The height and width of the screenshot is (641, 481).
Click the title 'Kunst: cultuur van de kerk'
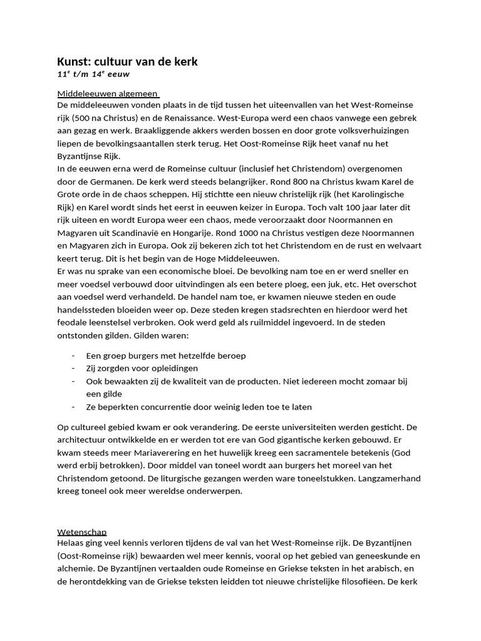[127, 61]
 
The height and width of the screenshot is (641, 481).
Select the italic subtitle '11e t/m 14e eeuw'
[93, 74]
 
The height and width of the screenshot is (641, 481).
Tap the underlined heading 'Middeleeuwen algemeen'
[107, 94]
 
